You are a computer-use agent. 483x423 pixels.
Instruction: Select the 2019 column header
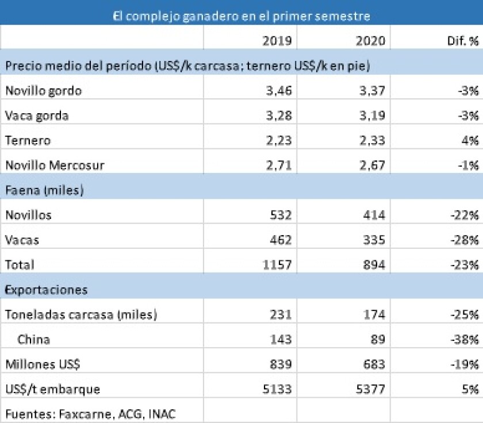coord(277,41)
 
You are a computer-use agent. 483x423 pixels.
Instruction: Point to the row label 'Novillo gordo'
coord(44,91)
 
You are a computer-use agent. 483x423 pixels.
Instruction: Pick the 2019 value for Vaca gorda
coord(278,116)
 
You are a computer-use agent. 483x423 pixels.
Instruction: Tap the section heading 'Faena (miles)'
coord(45,190)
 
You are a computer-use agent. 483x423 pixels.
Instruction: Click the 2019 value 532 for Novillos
coord(280,216)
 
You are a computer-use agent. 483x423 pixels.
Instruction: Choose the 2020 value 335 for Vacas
coord(373,240)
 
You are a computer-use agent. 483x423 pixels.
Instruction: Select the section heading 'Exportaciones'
coord(47,290)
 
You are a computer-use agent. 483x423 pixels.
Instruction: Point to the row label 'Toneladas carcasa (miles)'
coord(81,315)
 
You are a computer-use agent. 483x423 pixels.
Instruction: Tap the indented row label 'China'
coord(33,340)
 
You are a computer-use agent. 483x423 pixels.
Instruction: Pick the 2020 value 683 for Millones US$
coord(373,364)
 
